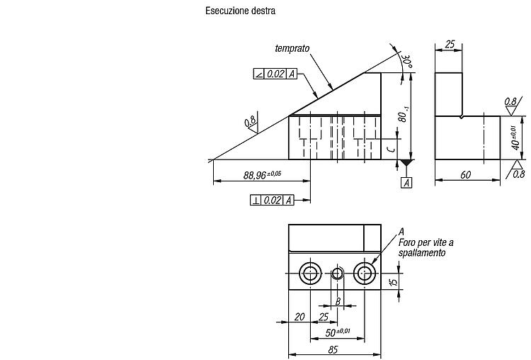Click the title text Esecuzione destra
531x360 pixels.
click(x=240, y=11)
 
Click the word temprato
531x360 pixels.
click(x=292, y=48)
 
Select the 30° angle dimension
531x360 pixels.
click(x=406, y=61)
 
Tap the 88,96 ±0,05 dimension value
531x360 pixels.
click(x=262, y=175)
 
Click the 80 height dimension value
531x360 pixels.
click(x=403, y=115)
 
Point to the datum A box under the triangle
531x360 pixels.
click(x=406, y=183)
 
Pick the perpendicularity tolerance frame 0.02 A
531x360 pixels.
click(x=272, y=201)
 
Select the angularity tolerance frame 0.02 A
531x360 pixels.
click(x=275, y=74)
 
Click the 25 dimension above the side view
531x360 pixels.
click(x=450, y=45)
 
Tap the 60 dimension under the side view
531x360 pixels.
click(x=466, y=174)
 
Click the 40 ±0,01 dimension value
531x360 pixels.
click(x=515, y=138)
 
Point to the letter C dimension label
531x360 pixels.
click(x=391, y=149)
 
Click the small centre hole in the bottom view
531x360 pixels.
click(x=337, y=274)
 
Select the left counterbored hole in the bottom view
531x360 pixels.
click(x=311, y=274)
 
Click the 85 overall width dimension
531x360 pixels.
click(x=333, y=349)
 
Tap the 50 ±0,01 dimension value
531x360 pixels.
click(x=338, y=332)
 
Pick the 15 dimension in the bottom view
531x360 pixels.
click(x=394, y=281)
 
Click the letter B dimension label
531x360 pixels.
click(x=338, y=301)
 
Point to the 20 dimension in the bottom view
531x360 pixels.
click(x=299, y=317)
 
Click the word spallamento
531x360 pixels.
click(x=422, y=253)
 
